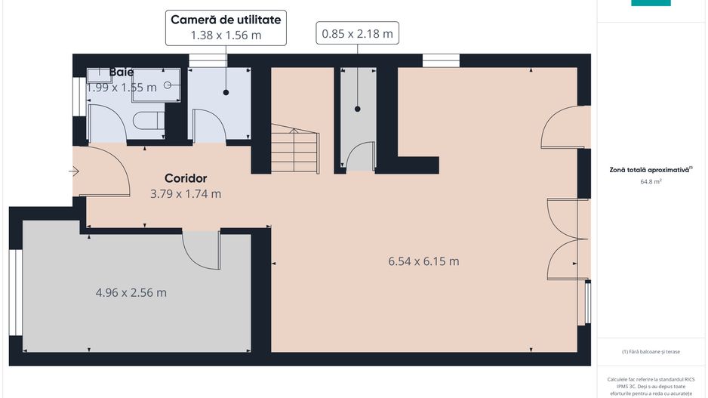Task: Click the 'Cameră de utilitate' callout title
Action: pos(226,20)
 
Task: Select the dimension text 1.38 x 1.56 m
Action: pos(226,35)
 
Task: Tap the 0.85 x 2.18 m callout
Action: pos(357,33)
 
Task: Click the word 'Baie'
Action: pos(122,72)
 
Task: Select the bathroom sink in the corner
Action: pos(98,75)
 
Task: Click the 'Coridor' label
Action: pos(186,178)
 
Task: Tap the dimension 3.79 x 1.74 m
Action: pos(186,193)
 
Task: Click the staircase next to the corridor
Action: pos(294,150)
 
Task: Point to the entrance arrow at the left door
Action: pos(74,171)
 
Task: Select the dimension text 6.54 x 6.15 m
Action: pos(423,261)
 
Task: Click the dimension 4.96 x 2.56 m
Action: pos(131,292)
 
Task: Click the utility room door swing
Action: pos(208,125)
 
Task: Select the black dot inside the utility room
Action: pos(226,92)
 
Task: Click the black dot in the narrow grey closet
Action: pos(357,109)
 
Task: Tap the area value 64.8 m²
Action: pos(651,182)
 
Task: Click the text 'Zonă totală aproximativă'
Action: pos(650,170)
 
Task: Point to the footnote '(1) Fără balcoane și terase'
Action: pos(650,352)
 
